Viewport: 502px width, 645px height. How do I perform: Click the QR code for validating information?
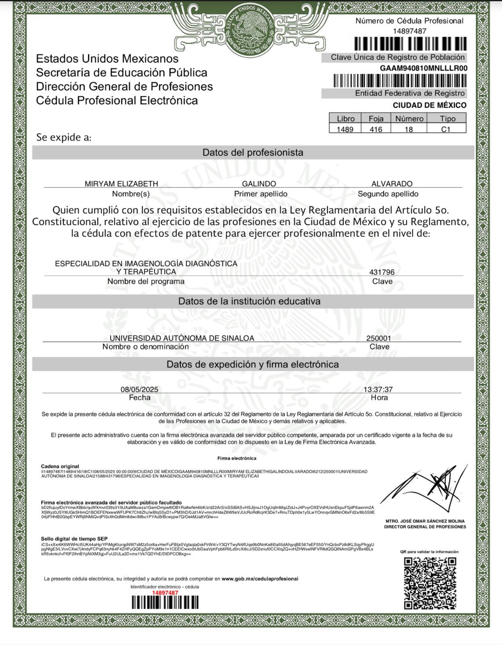(430, 583)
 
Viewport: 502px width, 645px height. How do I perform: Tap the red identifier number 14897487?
(165, 593)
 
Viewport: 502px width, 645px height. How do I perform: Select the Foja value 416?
(376, 129)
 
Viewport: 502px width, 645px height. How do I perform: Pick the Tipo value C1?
(446, 129)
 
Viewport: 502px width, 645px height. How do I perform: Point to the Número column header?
(409, 119)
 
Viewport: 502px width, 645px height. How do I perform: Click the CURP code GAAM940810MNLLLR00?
(423, 68)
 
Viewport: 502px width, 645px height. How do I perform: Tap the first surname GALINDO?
(259, 184)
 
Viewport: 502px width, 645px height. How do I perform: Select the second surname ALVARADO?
(392, 184)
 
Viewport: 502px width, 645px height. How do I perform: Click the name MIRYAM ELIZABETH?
(121, 184)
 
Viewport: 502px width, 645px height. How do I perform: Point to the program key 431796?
(382, 272)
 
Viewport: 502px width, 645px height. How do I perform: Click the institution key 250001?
(379, 338)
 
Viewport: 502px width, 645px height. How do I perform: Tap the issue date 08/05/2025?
(140, 389)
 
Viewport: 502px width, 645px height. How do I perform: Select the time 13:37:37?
(378, 389)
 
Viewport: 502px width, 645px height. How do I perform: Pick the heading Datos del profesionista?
(253, 152)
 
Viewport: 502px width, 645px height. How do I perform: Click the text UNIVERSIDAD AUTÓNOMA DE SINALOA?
(182, 338)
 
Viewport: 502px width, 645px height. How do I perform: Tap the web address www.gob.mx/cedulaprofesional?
(260, 578)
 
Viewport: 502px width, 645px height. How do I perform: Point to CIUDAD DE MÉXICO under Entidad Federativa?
(429, 105)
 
